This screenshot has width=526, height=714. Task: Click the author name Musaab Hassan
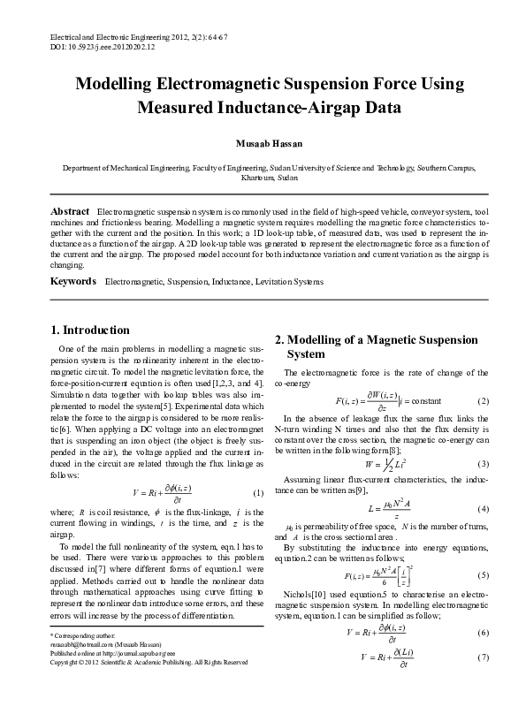pos(263,143)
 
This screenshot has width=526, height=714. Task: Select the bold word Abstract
pos(70,213)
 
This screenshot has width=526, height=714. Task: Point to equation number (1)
pos(258,492)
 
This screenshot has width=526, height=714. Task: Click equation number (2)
pos(483,401)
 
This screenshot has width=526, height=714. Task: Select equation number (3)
pos(483,464)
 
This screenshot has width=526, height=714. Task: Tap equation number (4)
pos(483,510)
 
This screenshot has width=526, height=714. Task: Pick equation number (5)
pos(483,574)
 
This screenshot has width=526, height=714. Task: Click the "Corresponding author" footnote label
pos(80,660)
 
